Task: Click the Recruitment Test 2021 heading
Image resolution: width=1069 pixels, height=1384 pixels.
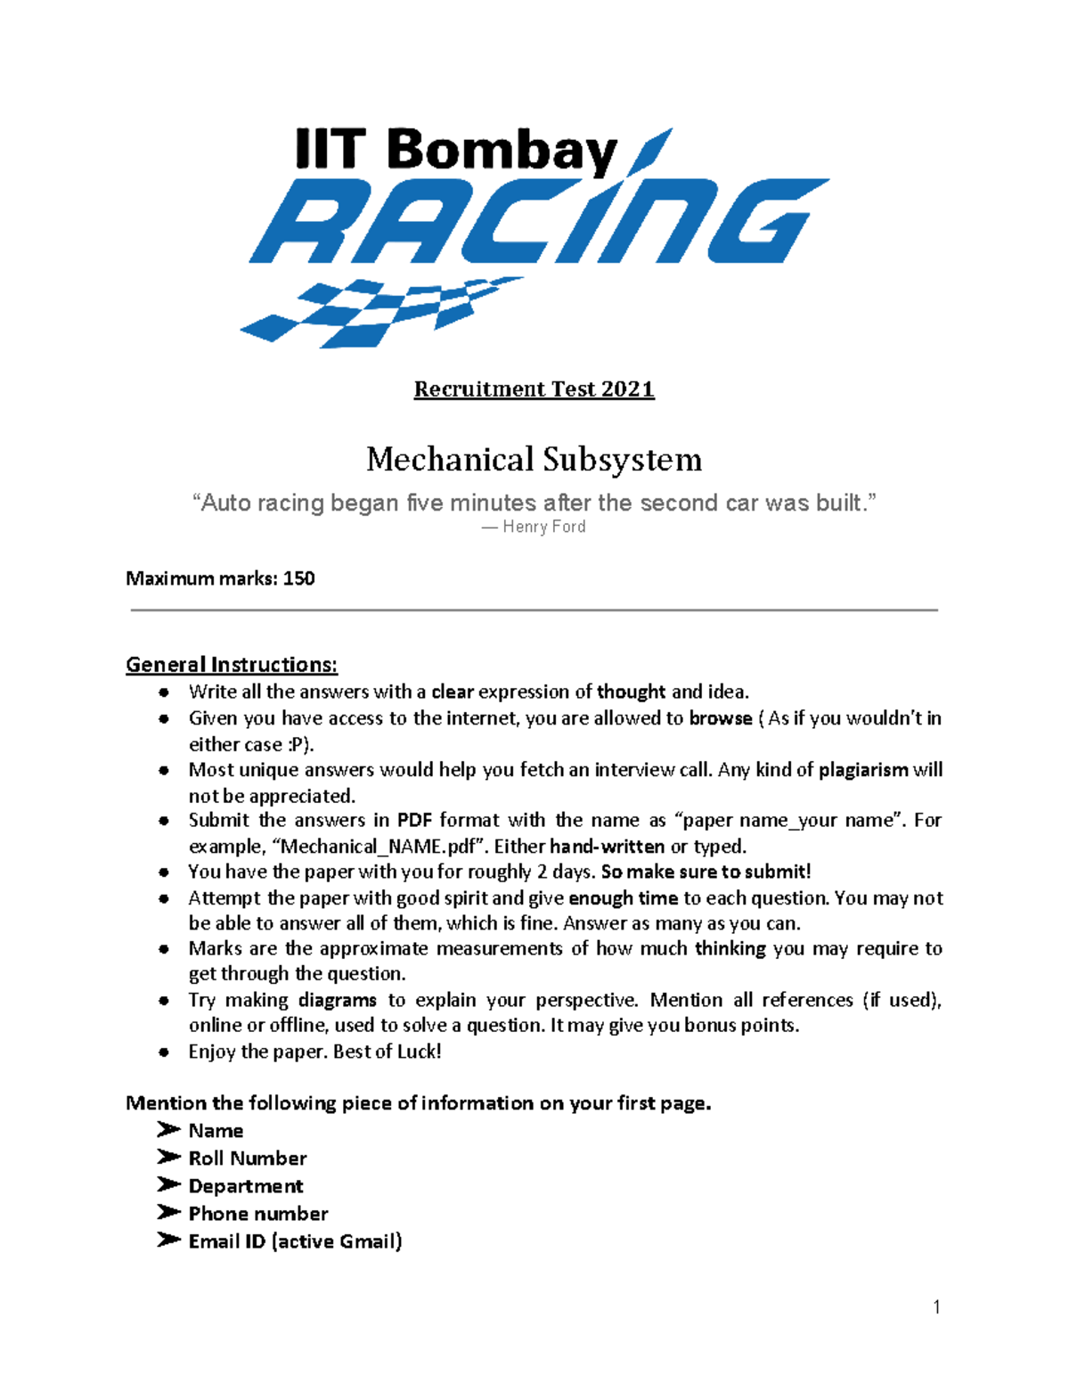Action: click(x=534, y=389)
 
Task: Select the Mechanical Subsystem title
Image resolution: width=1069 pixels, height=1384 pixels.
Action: click(x=534, y=460)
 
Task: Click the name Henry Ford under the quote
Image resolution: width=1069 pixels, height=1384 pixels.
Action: click(x=543, y=527)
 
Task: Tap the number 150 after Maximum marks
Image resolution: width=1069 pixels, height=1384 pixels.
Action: click(x=298, y=578)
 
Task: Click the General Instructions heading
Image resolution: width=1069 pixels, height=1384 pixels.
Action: click(x=232, y=665)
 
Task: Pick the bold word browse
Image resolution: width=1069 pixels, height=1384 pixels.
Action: click(x=721, y=718)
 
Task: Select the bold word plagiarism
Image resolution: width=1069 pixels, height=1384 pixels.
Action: click(x=863, y=770)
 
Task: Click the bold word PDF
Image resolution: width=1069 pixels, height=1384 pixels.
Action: click(x=414, y=820)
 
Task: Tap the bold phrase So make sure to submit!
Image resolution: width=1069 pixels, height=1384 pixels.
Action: click(x=706, y=872)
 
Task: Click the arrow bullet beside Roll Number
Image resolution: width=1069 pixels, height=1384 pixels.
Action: click(x=168, y=1158)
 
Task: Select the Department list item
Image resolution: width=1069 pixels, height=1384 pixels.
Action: click(x=246, y=1186)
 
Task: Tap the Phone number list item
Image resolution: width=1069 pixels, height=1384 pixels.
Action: click(x=258, y=1214)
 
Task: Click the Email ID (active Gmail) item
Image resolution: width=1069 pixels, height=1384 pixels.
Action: click(x=295, y=1241)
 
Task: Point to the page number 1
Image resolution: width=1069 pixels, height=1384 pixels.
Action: click(x=936, y=1307)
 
